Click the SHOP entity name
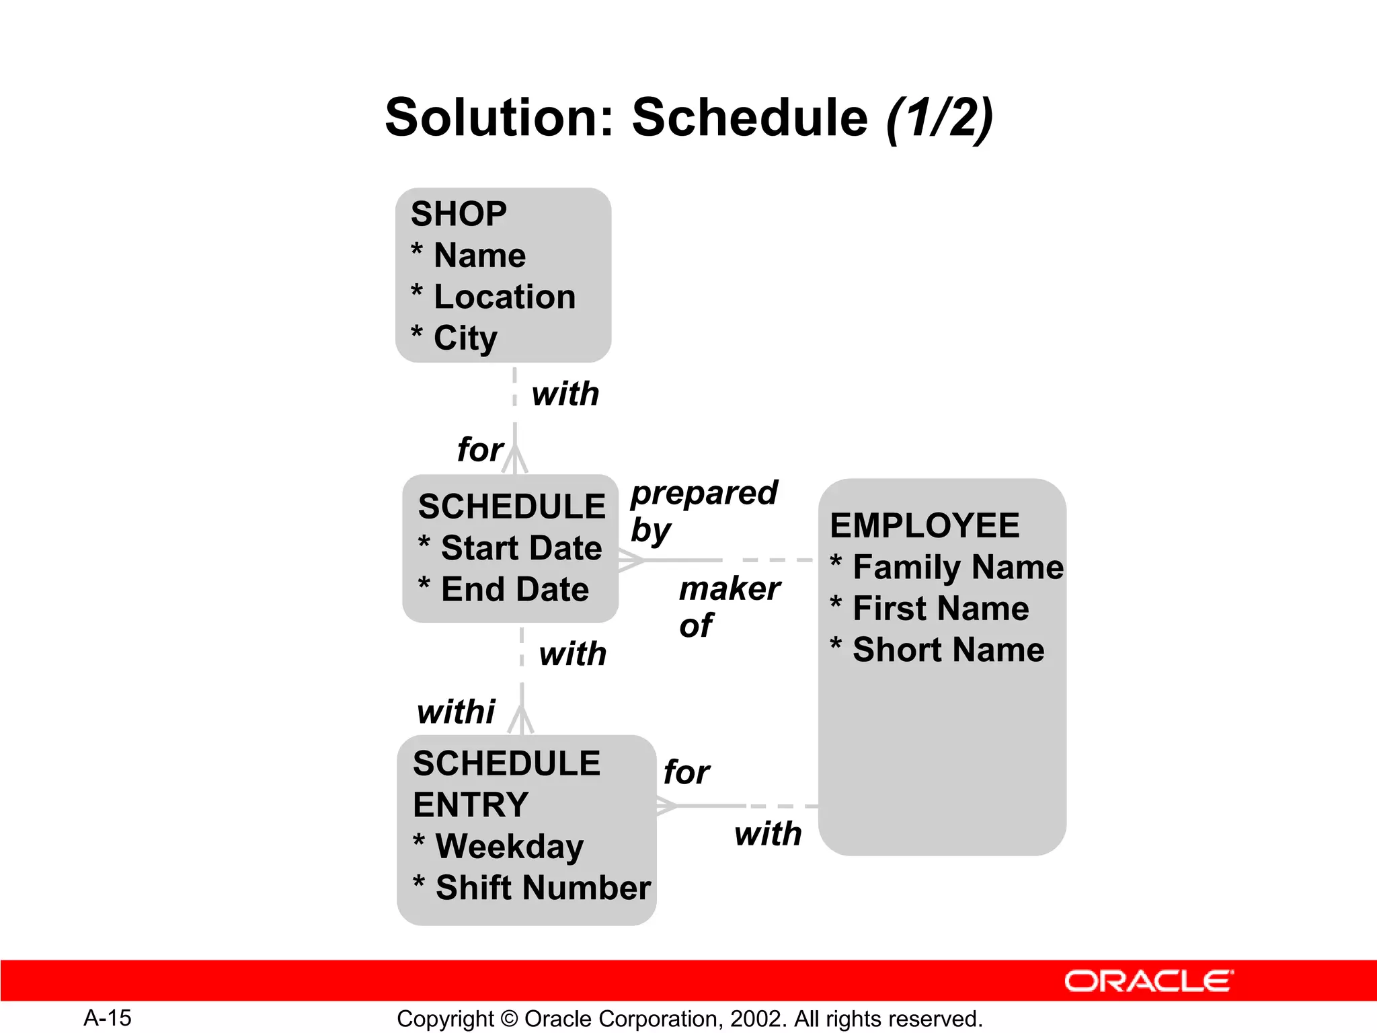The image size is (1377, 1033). click(459, 214)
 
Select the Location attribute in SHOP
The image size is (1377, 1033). click(504, 297)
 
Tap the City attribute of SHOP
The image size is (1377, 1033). click(465, 338)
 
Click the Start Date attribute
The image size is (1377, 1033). click(521, 547)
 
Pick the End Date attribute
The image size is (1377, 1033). click(514, 589)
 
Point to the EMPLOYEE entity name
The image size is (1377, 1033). click(924, 525)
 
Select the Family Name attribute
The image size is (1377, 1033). click(957, 567)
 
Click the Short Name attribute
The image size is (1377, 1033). click(948, 650)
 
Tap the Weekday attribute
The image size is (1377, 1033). click(509, 846)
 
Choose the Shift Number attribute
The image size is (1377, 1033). click(543, 887)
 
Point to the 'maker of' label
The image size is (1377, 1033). click(728, 606)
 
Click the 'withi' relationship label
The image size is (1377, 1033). click(456, 712)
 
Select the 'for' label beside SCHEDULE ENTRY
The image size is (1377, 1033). click(686, 772)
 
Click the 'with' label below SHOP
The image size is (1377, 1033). click(565, 393)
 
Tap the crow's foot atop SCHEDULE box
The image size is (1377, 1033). click(515, 460)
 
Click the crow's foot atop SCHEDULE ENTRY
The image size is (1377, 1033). click(522, 720)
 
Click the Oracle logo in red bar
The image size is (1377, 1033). click(1148, 981)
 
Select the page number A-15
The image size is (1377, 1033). click(108, 1018)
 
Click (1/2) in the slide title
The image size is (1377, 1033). click(939, 118)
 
